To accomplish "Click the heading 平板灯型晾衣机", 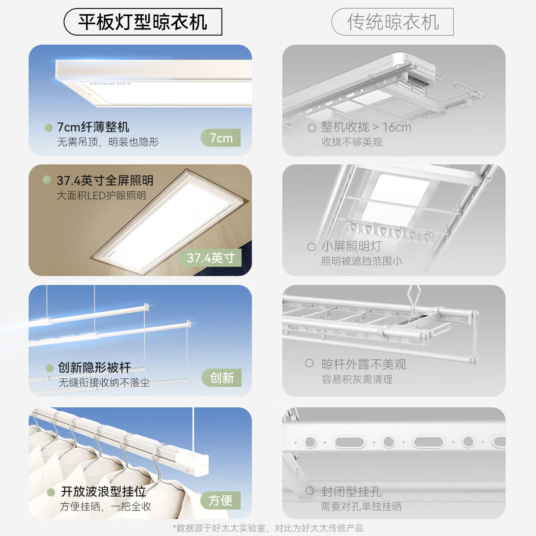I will pos(142,22).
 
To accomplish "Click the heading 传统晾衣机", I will pos(393,22).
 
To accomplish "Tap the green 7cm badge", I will pos(221,138).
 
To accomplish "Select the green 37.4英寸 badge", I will pos(211,258).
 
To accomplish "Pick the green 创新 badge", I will pos(222,378).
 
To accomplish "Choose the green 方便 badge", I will pos(221,500).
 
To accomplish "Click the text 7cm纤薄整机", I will pos(93,127).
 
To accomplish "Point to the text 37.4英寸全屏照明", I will pos(105,180).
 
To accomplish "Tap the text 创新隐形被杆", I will pos(94,368).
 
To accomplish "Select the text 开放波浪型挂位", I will pos(104,491).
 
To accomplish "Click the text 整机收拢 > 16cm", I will pos(366,127).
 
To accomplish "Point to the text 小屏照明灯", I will pos(352,246).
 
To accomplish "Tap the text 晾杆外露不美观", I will pos(364,364).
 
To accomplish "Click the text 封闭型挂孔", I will pos(351,491).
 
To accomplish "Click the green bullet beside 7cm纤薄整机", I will pos(49,128).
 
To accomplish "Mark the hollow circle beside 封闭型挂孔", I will pos(310,491).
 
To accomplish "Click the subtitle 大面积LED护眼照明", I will pos(101,195).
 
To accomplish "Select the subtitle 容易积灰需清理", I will pos(357,379).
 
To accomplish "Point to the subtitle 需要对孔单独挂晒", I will pos(361,507).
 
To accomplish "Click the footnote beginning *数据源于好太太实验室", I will pos(268,528).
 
